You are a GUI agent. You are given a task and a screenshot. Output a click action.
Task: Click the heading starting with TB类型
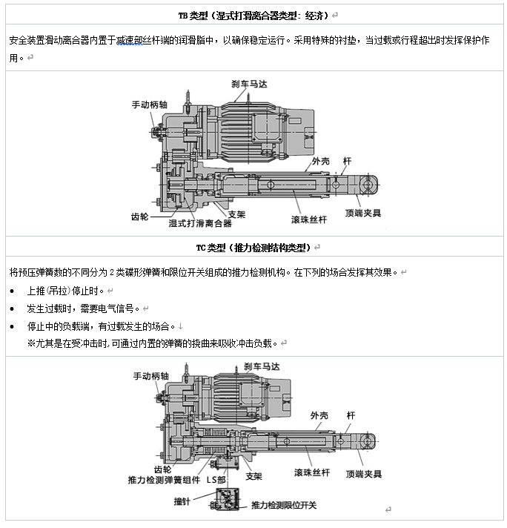pyautogui.click(x=253, y=16)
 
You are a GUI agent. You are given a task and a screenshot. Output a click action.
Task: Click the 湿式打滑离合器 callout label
pyautogui.click(x=200, y=222)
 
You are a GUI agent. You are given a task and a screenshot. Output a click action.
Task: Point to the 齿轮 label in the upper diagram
pyautogui.click(x=139, y=217)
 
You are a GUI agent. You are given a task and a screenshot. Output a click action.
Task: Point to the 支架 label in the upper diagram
pyautogui.click(x=236, y=214)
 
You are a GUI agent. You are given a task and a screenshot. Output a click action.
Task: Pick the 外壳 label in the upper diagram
pyautogui.click(x=320, y=161)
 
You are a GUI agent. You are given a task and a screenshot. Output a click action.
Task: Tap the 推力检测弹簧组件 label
pyautogui.click(x=164, y=481)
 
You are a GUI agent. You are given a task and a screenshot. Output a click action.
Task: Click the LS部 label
pyautogui.click(x=216, y=480)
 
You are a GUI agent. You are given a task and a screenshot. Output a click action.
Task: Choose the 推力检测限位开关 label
pyautogui.click(x=284, y=505)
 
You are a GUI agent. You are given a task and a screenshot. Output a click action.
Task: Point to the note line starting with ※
pyautogui.click(x=152, y=343)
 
